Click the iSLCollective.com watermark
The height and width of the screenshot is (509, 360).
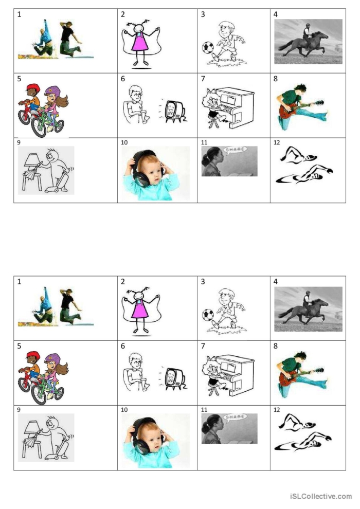320,496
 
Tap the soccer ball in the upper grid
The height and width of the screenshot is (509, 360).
208,47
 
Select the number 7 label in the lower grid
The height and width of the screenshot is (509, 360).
203,346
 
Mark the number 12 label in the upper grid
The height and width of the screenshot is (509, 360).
277,142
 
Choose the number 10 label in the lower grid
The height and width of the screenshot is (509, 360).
124,410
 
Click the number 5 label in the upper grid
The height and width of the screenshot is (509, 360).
19,79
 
